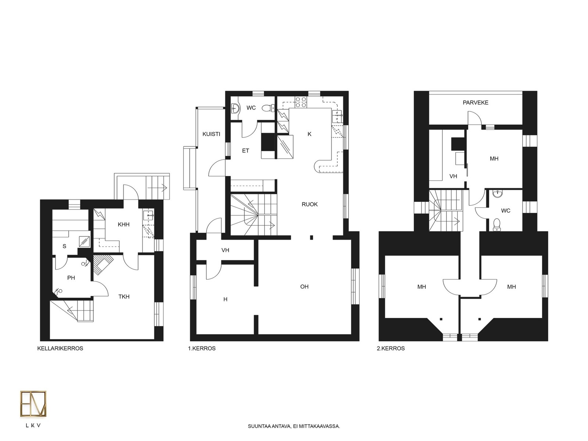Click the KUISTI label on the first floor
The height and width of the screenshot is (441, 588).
[x=211, y=134]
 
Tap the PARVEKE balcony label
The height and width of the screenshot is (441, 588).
[x=475, y=103]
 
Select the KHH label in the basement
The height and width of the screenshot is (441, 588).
[x=123, y=225]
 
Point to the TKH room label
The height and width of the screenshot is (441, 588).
[x=124, y=297]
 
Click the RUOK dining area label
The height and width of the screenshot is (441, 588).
[x=309, y=204]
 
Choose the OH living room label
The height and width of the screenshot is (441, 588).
[x=304, y=287]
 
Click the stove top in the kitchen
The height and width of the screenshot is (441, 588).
[x=301, y=102]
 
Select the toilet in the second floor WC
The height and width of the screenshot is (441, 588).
[x=496, y=225]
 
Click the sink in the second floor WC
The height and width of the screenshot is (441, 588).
[x=498, y=194]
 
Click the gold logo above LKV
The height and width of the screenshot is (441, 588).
[x=33, y=404]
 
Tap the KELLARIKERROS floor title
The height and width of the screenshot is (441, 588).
[x=60, y=348]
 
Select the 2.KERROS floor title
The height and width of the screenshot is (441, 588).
[x=391, y=348]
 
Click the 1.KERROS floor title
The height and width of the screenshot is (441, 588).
[x=202, y=348]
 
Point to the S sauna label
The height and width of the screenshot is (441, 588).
[x=64, y=246]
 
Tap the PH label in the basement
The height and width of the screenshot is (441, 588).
[x=71, y=278]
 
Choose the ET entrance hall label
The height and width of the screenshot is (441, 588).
[x=245, y=150]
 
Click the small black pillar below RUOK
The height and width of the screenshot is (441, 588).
[x=312, y=237]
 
